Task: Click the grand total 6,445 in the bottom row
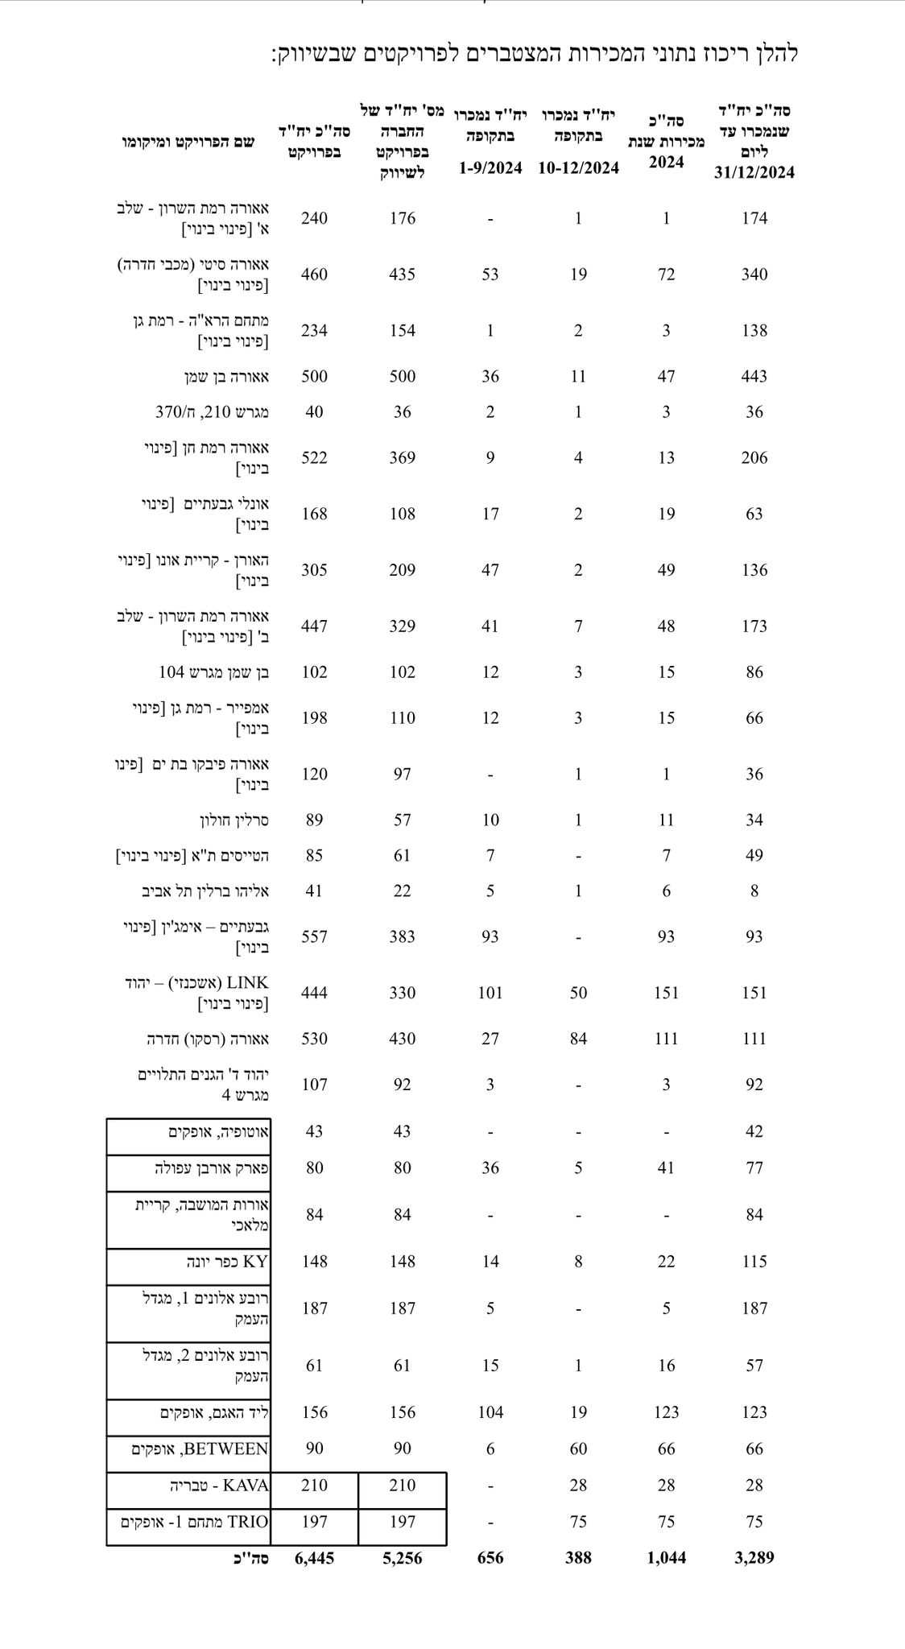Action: click(314, 1557)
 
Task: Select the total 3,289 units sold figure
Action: click(754, 1557)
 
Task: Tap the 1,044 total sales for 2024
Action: click(666, 1557)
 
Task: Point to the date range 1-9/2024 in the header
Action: click(490, 167)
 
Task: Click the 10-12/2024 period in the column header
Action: click(578, 167)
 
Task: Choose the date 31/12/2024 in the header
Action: click(754, 172)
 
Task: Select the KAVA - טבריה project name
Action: click(219, 1485)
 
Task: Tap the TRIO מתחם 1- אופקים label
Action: click(195, 1521)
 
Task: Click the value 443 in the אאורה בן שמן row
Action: click(754, 376)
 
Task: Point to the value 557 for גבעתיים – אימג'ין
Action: click(314, 936)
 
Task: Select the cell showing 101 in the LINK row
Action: click(490, 993)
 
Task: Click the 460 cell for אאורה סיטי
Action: click(314, 274)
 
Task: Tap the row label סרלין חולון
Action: click(233, 820)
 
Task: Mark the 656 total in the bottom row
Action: click(490, 1557)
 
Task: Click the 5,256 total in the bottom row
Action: click(403, 1557)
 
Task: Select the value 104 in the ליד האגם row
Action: click(490, 1412)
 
